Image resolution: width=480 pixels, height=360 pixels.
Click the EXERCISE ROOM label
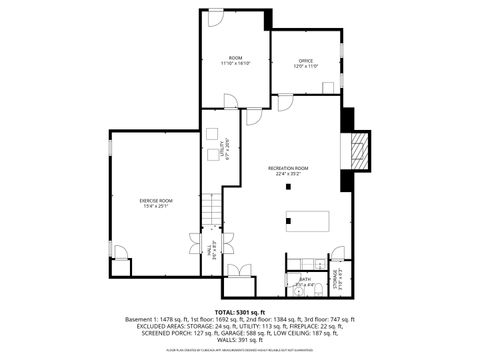pos(155,200)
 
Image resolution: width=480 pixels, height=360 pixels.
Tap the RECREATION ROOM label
pos(287,167)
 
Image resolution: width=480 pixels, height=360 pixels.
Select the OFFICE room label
pos(306,61)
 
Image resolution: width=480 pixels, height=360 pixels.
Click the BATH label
pos(305,280)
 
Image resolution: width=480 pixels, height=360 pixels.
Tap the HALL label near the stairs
pos(211,249)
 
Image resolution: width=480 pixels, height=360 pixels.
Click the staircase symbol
pos(210,211)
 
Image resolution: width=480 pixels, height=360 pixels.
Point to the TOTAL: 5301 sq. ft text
pos(240,311)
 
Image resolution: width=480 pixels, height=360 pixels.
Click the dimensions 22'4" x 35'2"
pos(287,173)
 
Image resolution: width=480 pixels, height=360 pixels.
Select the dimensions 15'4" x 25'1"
pos(155,206)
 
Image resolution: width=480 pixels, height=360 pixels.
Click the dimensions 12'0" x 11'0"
pos(306,67)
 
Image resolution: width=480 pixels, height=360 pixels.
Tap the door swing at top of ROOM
pos(215,17)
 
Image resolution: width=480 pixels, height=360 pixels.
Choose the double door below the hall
pos(238,271)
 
